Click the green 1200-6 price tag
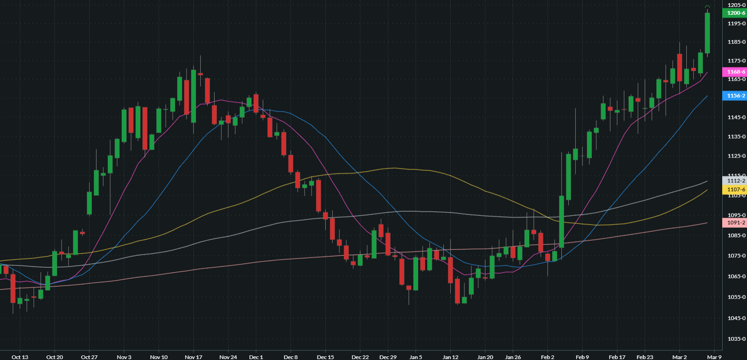pyautogui.click(x=736, y=13)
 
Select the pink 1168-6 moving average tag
pyautogui.click(x=736, y=72)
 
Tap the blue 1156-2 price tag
pyautogui.click(x=736, y=96)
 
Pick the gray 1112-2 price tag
pyautogui.click(x=736, y=181)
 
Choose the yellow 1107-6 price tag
pyautogui.click(x=736, y=190)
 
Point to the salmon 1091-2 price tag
pyautogui.click(x=736, y=223)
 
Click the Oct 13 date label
pyautogui.click(x=20, y=357)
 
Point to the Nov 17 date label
pyautogui.click(x=193, y=357)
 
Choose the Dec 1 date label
pyautogui.click(x=255, y=357)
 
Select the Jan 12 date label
pyautogui.click(x=450, y=357)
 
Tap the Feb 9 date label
pyautogui.click(x=582, y=357)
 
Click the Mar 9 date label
pyautogui.click(x=714, y=357)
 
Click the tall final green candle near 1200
pyautogui.click(x=707, y=33)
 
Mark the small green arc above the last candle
pyautogui.click(x=707, y=6)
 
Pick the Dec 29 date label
pyautogui.click(x=388, y=357)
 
